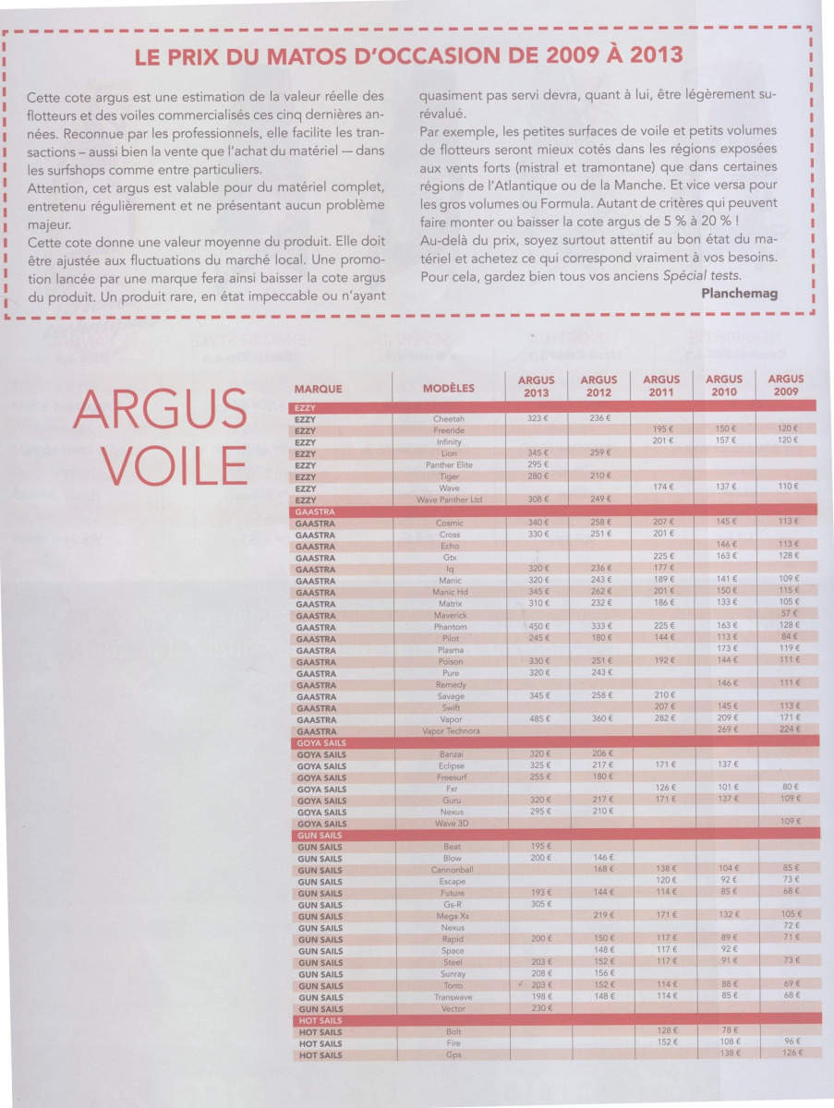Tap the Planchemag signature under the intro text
740,293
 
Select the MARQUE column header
319,389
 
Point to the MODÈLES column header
449,389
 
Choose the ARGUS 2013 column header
536,386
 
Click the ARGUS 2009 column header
785,386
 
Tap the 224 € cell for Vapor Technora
788,730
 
